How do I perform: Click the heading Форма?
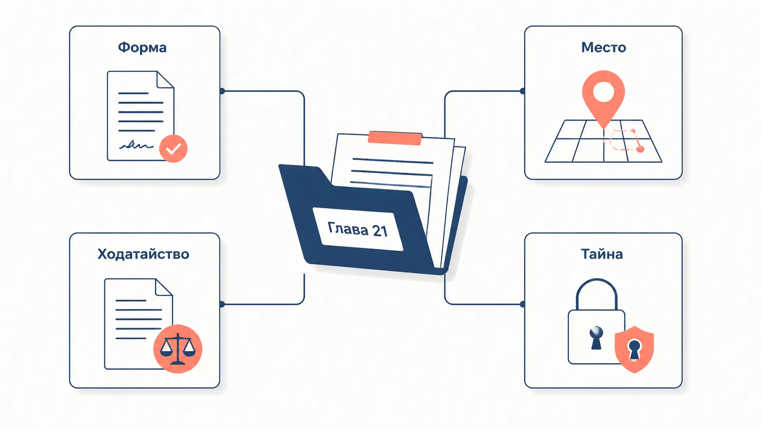(142, 48)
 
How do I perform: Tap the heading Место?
(604, 48)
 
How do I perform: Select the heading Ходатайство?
(143, 254)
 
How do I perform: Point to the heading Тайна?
(602, 254)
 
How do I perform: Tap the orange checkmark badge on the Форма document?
(173, 149)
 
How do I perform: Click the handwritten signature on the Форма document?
(136, 145)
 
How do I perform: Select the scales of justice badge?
(178, 349)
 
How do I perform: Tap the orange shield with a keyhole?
(634, 349)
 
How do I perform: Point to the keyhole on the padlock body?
(596, 338)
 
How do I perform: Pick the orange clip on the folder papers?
(395, 138)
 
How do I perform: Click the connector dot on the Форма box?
(222, 91)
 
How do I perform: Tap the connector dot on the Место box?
(523, 91)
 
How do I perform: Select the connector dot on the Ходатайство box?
(222, 304)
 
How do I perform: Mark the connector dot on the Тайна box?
(523, 304)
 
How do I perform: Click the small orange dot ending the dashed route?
(640, 149)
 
